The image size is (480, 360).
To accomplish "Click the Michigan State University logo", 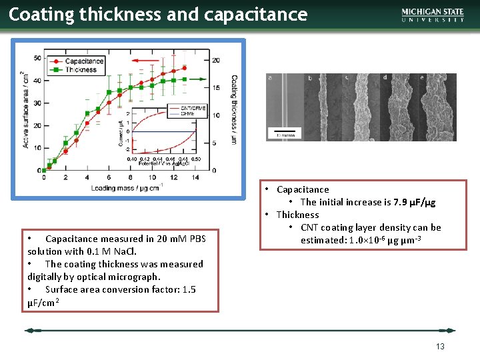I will pos(433,15).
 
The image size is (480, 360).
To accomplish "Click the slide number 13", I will pos(440,346).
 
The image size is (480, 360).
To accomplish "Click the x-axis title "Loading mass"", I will pos(127,188).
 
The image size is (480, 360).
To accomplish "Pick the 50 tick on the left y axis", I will pos(37,59).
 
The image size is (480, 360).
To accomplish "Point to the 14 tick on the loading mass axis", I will pos(195,177).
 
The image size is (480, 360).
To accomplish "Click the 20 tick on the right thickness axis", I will pos(216,60).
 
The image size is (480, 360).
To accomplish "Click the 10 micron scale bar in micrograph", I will pos(285,132).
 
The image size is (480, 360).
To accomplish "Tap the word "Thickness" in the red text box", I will pos(297,215).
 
